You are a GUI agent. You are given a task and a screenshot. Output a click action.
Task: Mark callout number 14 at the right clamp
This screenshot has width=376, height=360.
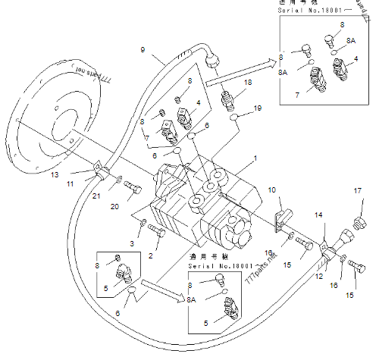click(x=319, y=216)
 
